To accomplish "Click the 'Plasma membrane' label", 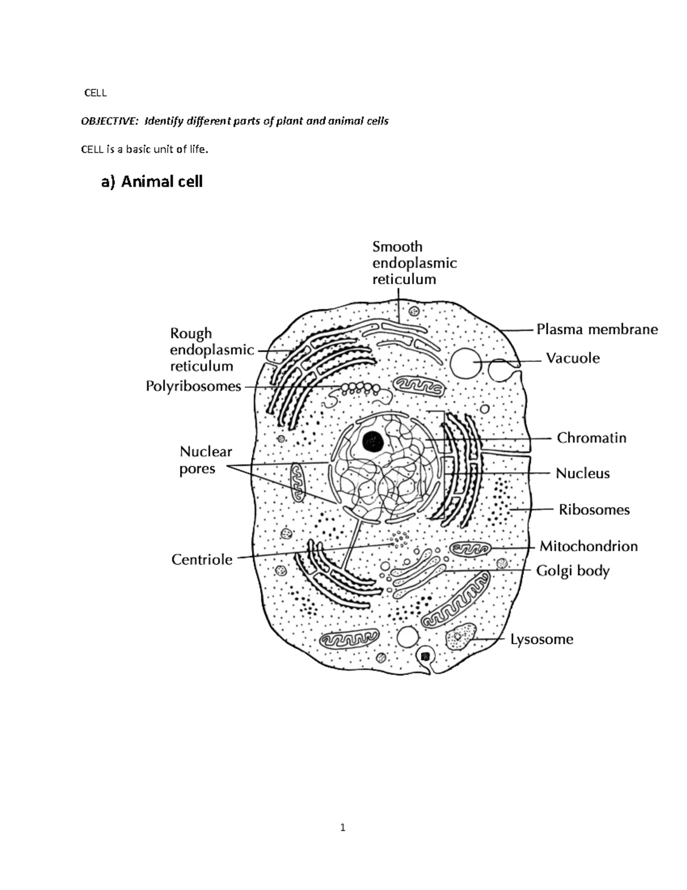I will [597, 330].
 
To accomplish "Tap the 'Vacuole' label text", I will [572, 359].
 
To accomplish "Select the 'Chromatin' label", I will [591, 438].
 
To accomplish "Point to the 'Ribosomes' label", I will [594, 509].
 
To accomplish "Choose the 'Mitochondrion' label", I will [589, 546].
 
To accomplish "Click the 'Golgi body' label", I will [572, 571].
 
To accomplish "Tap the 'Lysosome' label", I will [542, 639].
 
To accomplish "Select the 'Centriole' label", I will [202, 559].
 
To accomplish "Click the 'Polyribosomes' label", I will [194, 386].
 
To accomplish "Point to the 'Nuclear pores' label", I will [206, 460].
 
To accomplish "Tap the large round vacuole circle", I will [465, 363].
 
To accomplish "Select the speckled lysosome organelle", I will [461, 636].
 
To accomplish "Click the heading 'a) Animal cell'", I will [152, 182].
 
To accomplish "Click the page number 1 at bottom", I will [342, 827].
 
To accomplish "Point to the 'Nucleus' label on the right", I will [582, 473].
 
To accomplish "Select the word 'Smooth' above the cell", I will [397, 246].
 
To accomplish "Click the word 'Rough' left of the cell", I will [191, 333].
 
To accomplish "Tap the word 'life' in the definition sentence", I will [198, 150].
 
